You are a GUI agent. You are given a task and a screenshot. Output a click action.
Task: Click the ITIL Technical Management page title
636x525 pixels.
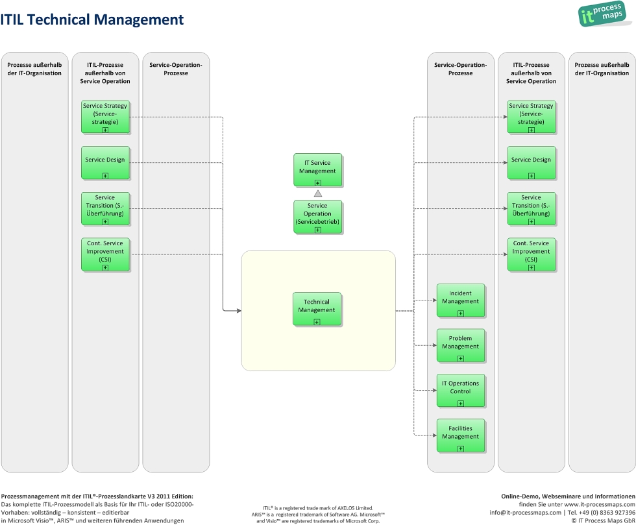coord(92,20)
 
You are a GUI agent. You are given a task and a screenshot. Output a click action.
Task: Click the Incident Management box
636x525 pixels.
coord(460,300)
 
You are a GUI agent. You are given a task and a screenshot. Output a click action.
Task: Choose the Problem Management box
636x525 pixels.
coord(460,345)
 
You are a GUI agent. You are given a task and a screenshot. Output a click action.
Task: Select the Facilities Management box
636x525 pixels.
coord(460,435)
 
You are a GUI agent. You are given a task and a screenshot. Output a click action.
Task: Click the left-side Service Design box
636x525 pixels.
coord(105,163)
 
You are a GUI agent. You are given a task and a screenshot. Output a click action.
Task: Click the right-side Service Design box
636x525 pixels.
coord(531,163)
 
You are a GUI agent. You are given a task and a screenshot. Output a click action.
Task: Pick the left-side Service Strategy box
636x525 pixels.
coord(105,117)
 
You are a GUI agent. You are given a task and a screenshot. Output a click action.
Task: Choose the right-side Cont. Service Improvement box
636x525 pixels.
coord(531,254)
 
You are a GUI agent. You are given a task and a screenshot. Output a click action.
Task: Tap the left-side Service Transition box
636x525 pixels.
coord(105,209)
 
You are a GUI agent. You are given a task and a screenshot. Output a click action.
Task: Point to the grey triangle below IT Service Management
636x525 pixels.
coord(318,193)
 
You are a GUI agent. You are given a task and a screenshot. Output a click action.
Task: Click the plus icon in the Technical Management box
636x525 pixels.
coord(317,321)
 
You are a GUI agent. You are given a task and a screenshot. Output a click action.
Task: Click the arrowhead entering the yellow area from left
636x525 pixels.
coord(238,311)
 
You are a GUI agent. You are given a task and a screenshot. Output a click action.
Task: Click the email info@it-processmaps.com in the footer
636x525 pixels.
coord(525,512)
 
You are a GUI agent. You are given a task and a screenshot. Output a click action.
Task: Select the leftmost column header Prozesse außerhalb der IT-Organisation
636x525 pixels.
coord(34,69)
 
